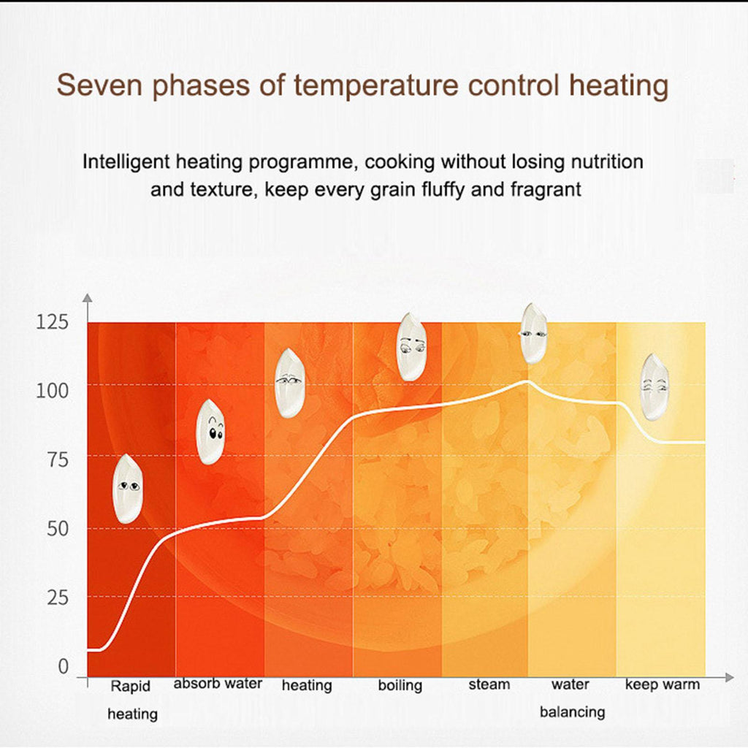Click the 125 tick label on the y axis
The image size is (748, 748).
click(52, 322)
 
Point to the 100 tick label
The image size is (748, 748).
click(52, 391)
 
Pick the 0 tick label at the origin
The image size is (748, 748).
click(63, 666)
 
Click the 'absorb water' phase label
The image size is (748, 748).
click(218, 684)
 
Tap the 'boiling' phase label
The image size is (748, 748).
click(400, 685)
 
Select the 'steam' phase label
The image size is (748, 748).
click(489, 684)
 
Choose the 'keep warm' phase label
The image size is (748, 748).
click(663, 684)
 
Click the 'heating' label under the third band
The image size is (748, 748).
click(307, 685)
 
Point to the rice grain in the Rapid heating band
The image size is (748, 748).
click(128, 488)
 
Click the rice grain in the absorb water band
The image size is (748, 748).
click(210, 432)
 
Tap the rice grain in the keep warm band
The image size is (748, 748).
click(654, 386)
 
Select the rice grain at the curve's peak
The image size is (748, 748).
click(534, 333)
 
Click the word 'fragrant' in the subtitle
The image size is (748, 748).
click(546, 190)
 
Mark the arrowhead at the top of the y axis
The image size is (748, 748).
click(87, 299)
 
